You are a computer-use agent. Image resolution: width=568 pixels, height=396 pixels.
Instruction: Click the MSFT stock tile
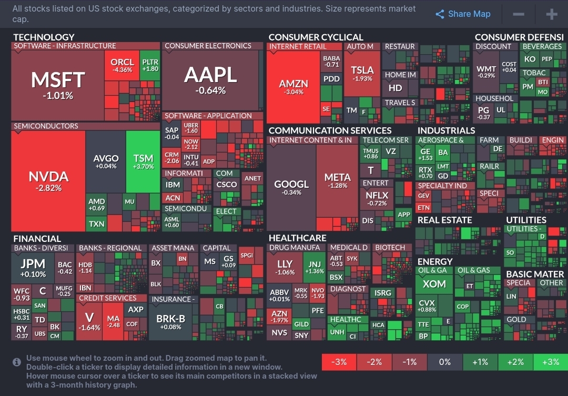click(x=58, y=84)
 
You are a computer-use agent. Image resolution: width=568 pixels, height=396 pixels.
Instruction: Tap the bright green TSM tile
click(x=143, y=161)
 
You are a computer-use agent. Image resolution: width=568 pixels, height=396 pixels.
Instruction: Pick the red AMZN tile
click(x=293, y=87)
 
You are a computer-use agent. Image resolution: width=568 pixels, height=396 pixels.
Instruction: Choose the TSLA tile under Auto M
click(x=362, y=74)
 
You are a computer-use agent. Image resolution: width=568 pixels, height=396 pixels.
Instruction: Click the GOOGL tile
click(x=291, y=188)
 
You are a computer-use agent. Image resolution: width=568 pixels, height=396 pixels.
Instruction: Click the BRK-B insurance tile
click(x=171, y=322)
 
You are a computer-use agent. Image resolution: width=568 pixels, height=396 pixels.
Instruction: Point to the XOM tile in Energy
click(x=434, y=285)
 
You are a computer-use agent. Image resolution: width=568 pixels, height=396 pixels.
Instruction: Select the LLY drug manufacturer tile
click(x=285, y=267)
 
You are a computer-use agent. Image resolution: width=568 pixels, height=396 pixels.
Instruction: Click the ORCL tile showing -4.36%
click(x=122, y=66)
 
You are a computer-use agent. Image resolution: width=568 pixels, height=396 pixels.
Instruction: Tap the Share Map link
click(x=463, y=14)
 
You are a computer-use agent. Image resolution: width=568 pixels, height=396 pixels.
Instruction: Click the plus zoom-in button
click(x=551, y=14)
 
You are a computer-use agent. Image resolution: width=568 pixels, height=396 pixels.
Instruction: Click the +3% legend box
click(x=550, y=362)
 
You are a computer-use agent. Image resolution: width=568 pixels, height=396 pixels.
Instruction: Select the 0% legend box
click(x=444, y=362)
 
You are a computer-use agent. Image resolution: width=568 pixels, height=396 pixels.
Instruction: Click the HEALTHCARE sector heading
click(x=297, y=238)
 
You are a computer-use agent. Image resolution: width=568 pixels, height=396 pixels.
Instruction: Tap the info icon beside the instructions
click(x=17, y=362)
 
